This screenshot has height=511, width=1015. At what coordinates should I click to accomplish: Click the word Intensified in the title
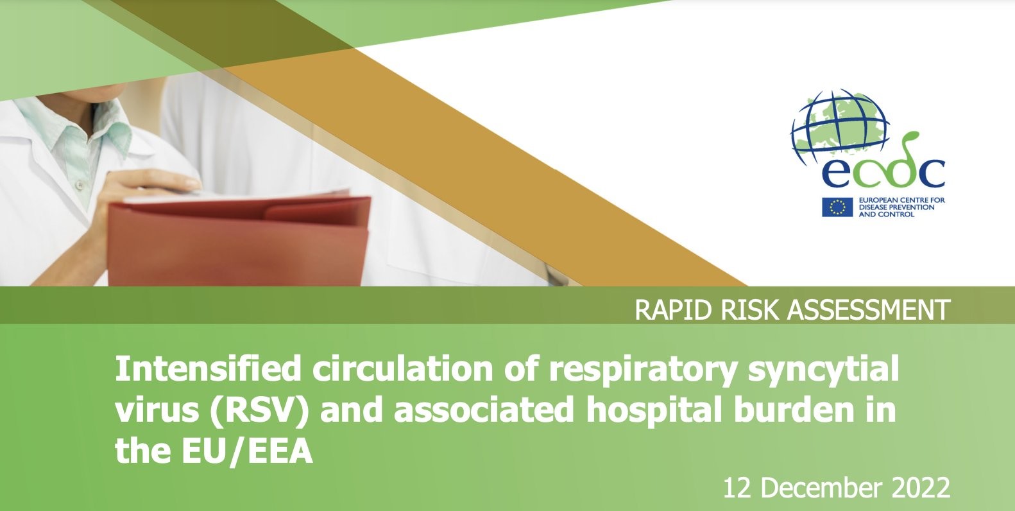click(208, 368)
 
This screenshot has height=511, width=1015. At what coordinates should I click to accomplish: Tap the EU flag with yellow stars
click(837, 207)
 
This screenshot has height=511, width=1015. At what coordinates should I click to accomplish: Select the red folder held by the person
click(239, 240)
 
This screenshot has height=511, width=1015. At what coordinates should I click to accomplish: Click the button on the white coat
click(80, 184)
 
